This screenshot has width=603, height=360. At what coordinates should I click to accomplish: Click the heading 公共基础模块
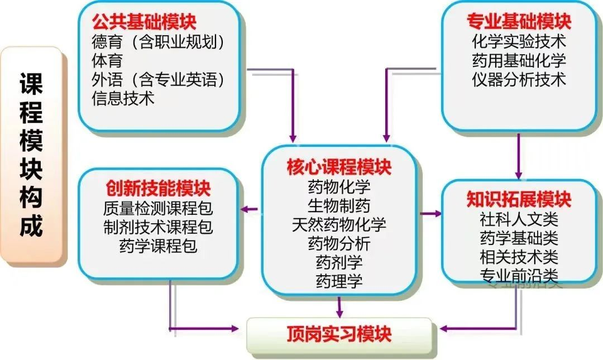pos(144,23)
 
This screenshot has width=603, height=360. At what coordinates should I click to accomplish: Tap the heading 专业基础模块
pos(519,23)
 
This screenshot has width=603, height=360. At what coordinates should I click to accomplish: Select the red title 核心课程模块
pos(339,166)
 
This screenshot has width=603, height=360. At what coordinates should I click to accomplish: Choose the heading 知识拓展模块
pos(519,199)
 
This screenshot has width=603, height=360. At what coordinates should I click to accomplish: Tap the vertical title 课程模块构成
pos(32,154)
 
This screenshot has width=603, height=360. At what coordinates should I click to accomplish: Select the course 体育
pos(107,60)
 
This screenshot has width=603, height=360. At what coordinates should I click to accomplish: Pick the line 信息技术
pos(123,99)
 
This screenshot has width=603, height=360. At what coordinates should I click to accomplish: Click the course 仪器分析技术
pos(519,79)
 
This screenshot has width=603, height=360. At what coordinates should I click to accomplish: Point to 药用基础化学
pos(519,60)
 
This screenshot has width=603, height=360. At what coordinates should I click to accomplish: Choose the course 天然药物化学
pos(339,224)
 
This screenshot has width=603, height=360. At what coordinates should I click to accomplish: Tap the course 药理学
pos(339,281)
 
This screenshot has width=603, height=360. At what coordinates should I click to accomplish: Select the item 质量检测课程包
pos(158,208)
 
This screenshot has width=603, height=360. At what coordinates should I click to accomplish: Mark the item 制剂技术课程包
pos(158,227)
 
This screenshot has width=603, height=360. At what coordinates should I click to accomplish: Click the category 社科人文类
pos(519,219)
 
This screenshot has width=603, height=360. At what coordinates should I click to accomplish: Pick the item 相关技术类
pos(519,257)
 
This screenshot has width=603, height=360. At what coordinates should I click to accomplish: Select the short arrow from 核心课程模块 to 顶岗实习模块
pos(339,306)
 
